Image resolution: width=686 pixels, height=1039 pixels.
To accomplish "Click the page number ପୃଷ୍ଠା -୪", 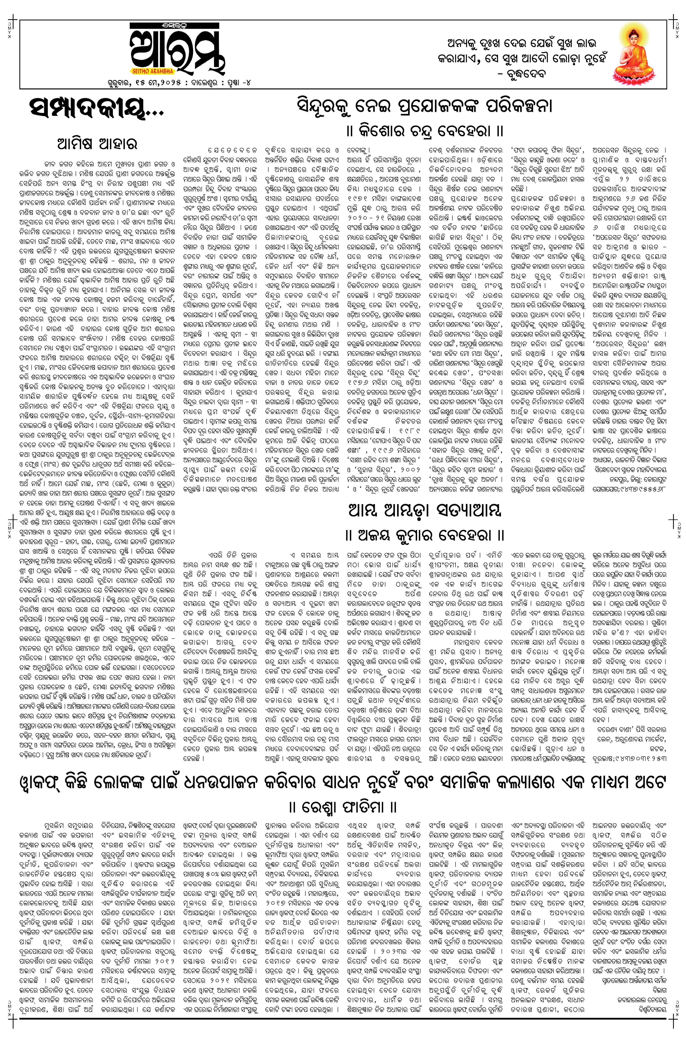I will pos(238,82).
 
